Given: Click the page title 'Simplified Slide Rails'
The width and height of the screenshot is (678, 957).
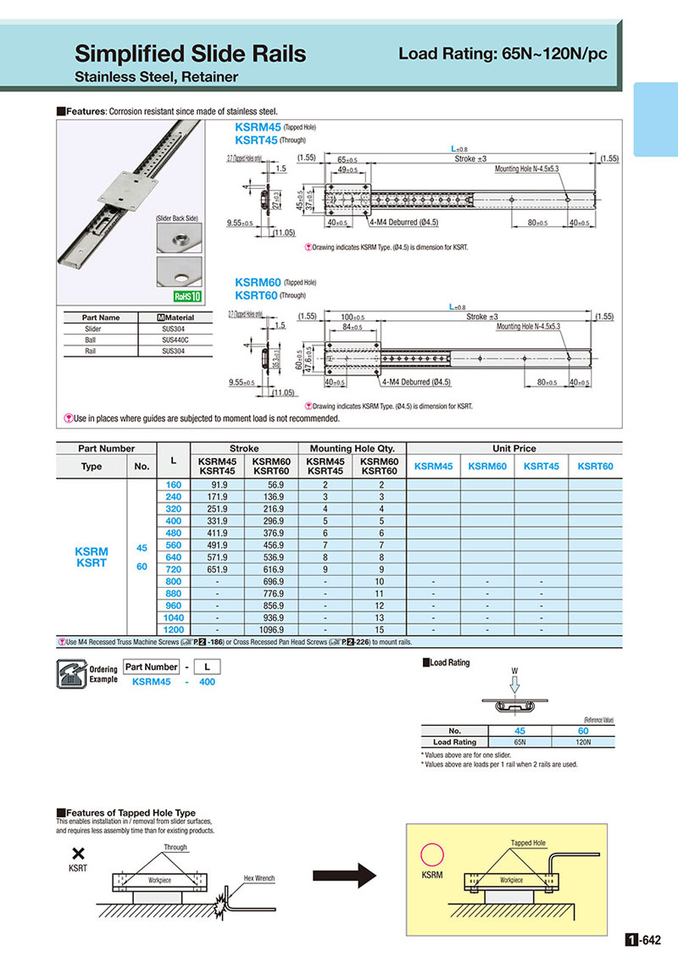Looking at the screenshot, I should pos(190,55).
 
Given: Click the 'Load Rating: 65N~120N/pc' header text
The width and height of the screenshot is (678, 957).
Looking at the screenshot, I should pos(503,55).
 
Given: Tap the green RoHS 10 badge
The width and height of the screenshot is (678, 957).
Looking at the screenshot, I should pos(187,296).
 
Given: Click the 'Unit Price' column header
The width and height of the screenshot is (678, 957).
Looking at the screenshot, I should pos(514,448).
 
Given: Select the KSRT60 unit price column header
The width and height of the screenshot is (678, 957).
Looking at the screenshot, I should pos(595,466).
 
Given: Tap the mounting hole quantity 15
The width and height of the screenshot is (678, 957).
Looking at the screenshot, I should pos(379,631).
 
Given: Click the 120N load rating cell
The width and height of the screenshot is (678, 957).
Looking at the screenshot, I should pos(583,742).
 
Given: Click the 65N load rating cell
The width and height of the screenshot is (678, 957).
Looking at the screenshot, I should pos(520,742).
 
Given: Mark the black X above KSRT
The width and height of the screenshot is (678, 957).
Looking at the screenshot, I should pos(78,855).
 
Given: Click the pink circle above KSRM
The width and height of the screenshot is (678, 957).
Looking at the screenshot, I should pos(434,854).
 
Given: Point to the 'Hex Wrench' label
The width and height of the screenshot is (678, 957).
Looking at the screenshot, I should pos(258,878).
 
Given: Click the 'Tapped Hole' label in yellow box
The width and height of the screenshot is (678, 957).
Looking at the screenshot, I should pos(528,844).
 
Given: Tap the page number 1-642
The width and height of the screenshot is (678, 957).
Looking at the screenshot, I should pos(641,939).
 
